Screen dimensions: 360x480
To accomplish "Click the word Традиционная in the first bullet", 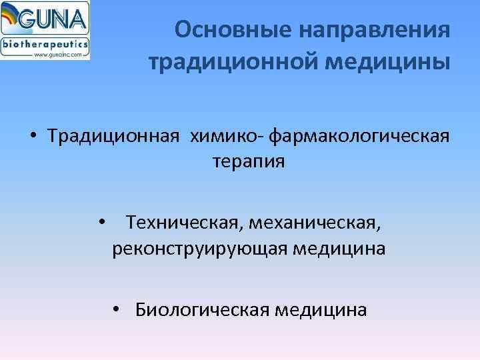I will coord(113,135).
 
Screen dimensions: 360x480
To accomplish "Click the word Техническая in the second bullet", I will coord(176,222).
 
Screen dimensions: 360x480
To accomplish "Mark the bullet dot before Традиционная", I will coord(33,136).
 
